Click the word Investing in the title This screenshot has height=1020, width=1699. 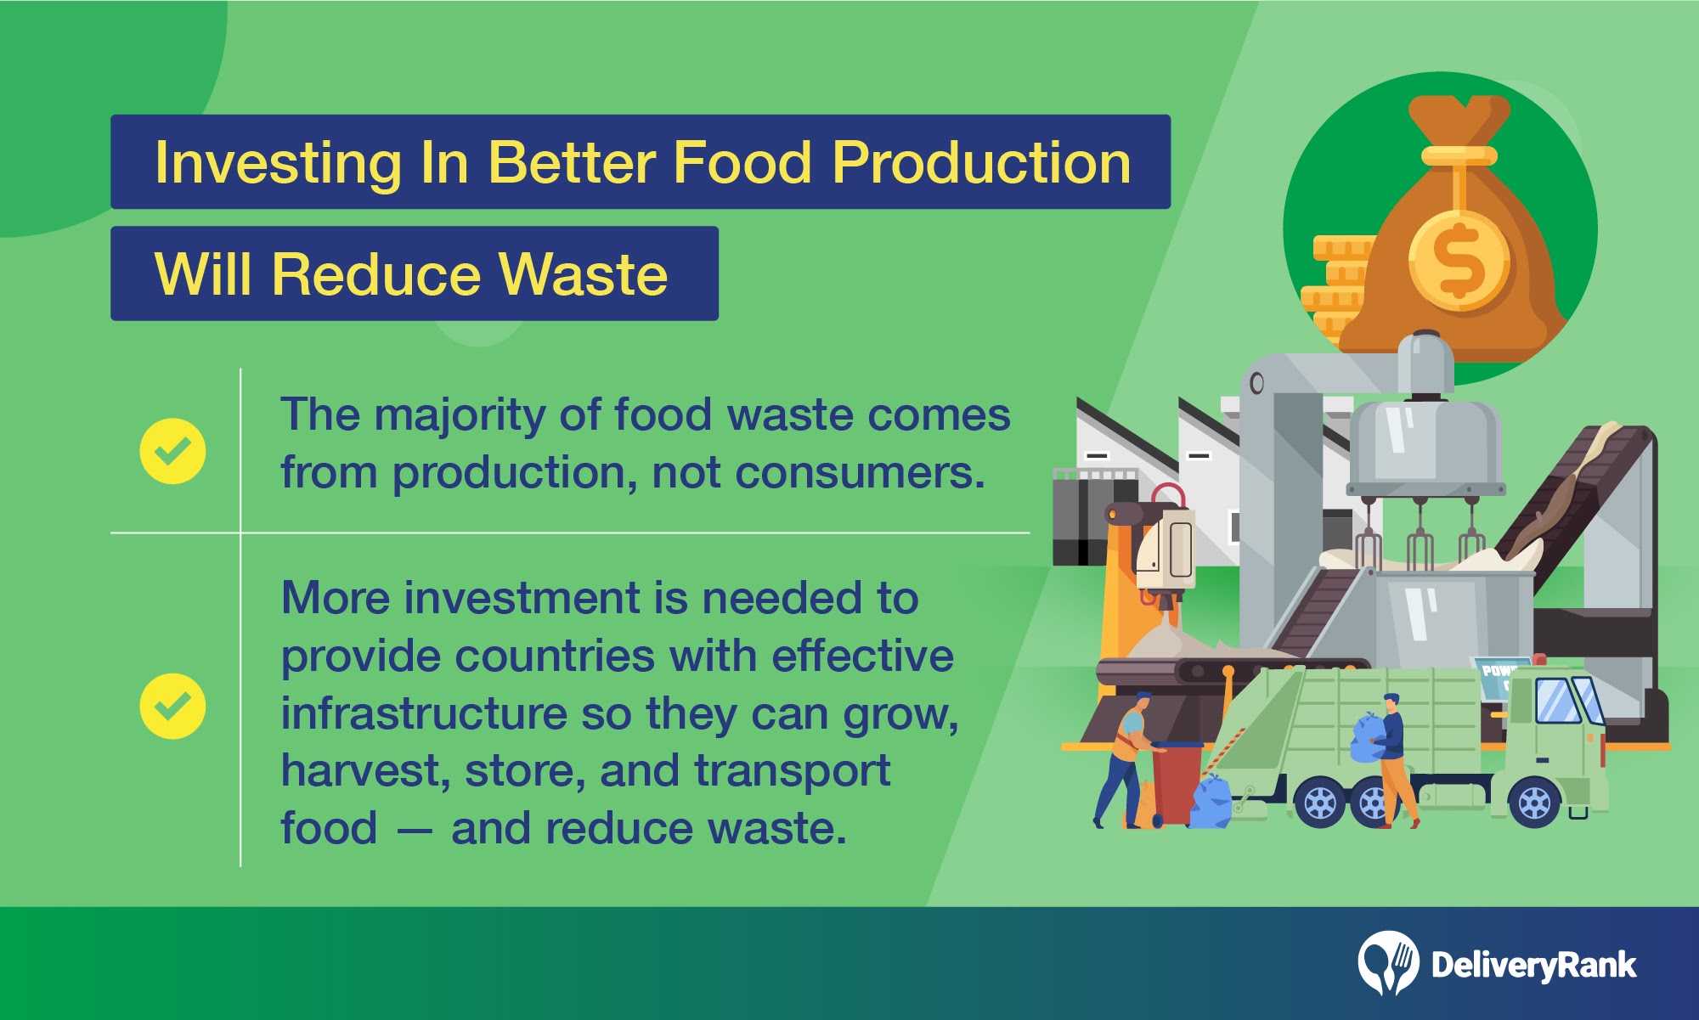point(278,163)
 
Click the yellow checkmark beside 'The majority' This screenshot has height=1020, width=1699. point(172,451)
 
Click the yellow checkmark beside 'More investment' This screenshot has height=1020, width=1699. point(172,706)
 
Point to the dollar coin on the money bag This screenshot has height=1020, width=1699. point(1459,260)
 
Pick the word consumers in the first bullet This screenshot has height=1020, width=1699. point(860,472)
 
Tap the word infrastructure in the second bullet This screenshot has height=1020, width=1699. point(424,713)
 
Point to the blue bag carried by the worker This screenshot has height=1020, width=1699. point(1368,737)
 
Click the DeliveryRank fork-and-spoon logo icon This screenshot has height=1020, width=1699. point(1388,963)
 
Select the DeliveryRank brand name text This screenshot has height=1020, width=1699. point(1533,965)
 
